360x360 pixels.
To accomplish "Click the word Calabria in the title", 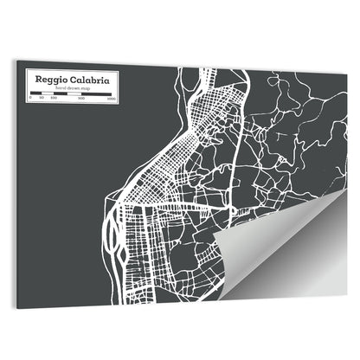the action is click(x=93, y=80).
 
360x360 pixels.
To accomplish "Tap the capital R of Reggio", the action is click(x=38, y=80).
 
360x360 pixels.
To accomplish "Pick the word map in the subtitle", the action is click(x=85, y=88).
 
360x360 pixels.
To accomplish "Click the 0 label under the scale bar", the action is click(x=30, y=100).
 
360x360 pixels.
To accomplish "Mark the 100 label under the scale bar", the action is click(x=53, y=100).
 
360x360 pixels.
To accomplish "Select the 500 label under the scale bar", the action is click(x=81, y=100).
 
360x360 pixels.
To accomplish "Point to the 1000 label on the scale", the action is click(x=112, y=100).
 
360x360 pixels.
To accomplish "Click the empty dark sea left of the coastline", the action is click(x=61, y=199).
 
